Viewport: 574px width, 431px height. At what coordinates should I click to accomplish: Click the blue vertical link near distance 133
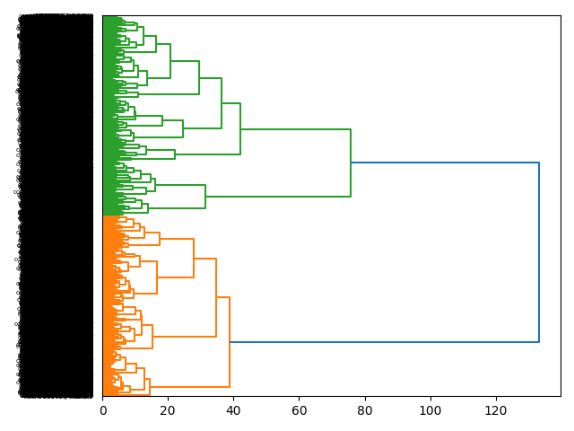point(539,251)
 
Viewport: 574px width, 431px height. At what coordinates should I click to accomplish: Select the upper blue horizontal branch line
point(444,163)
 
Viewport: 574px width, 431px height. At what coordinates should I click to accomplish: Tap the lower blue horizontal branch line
point(384,342)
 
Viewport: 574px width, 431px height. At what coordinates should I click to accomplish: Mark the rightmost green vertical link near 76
point(351,163)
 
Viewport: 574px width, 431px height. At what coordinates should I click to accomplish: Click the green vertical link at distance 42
point(240,129)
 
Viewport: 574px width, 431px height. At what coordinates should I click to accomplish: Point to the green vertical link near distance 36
point(222,103)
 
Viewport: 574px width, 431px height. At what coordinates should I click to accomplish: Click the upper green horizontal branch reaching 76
point(296,130)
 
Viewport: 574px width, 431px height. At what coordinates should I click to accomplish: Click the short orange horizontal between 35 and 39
point(222,297)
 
